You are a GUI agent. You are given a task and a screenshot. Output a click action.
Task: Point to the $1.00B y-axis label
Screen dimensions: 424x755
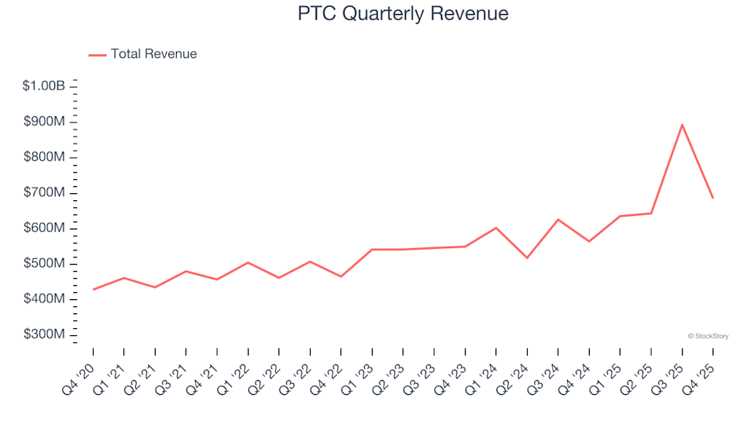click(44, 86)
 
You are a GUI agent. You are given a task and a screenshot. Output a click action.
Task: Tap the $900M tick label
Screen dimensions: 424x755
click(46, 122)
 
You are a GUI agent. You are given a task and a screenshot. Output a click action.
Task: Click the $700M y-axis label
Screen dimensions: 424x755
click(46, 193)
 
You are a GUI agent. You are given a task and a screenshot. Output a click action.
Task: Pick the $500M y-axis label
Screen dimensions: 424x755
click(46, 264)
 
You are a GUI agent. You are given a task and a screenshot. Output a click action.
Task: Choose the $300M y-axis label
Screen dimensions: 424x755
click(46, 335)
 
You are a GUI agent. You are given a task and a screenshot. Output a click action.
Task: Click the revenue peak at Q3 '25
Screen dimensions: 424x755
click(682, 124)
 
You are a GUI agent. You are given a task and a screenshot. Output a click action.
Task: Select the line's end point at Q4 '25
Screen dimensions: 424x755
click(713, 198)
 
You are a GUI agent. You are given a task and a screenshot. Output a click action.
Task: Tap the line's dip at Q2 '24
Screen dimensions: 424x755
click(527, 258)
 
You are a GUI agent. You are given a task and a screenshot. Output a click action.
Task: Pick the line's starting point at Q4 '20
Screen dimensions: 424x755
click(93, 290)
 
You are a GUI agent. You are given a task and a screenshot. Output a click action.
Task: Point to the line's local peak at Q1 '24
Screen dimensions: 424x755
click(495, 228)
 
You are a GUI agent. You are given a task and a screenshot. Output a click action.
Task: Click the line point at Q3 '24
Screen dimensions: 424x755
click(558, 219)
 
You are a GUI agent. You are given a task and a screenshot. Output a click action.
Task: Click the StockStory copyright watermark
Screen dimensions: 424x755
click(708, 336)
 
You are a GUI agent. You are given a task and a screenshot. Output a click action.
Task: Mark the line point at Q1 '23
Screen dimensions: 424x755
click(372, 250)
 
